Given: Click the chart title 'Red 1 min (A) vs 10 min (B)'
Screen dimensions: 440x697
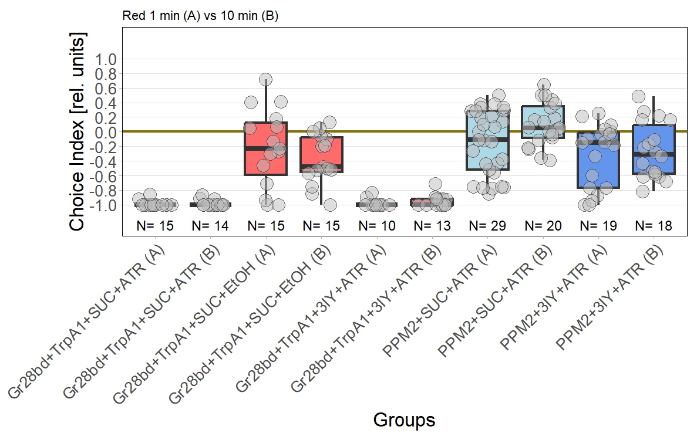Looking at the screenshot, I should [200, 16].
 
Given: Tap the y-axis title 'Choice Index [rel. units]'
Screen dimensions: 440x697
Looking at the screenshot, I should [78, 132].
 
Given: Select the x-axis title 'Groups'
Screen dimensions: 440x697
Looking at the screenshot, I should [404, 420].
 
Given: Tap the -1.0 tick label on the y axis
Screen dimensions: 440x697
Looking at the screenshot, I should [103, 205].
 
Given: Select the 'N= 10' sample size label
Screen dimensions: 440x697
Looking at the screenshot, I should [376, 226].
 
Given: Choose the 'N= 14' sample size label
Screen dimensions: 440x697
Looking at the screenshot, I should [210, 226].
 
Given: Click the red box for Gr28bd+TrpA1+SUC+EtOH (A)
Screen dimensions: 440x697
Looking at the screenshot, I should [266, 148].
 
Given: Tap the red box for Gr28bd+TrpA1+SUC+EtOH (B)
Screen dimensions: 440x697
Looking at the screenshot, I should [321, 154].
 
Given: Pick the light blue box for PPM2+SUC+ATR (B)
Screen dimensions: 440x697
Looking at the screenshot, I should [543, 122].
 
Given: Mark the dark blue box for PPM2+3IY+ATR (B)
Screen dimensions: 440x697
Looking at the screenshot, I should [654, 150].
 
